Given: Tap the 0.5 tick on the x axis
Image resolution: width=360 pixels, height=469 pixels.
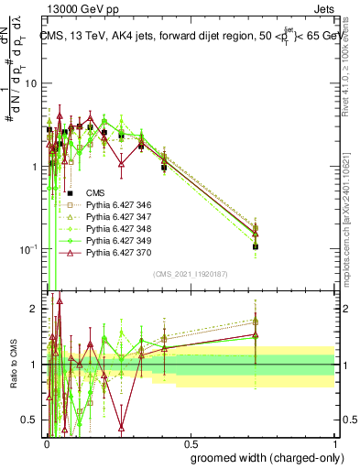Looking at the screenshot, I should (190, 441).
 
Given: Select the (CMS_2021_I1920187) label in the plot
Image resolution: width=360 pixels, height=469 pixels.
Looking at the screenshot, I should (190, 275).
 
